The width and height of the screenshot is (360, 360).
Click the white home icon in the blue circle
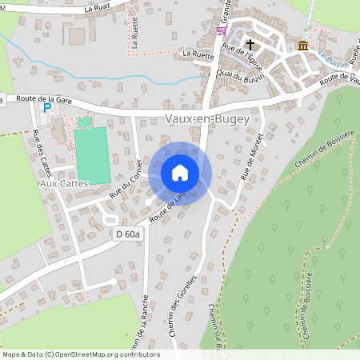pos(180,173)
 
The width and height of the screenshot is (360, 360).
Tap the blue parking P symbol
pos(47,106)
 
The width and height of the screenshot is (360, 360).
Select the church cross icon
pos(250,46)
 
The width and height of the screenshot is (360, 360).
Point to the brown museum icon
pos(302,46)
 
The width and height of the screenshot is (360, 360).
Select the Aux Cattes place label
pos(62,183)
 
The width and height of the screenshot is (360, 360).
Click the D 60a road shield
pos(126,234)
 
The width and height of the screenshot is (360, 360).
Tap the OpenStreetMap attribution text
pos(81,354)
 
